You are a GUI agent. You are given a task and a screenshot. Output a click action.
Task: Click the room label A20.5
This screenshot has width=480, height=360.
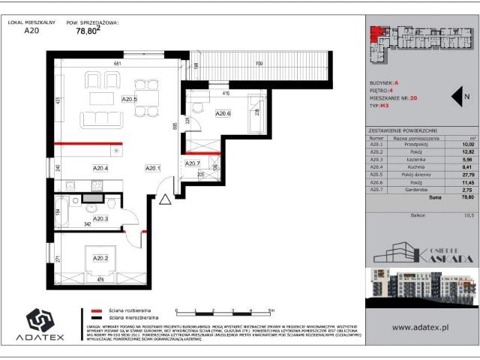(130, 99)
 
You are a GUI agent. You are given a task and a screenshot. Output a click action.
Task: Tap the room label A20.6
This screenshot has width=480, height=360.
(223, 113)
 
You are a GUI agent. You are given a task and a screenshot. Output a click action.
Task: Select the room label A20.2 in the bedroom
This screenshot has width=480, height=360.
(100, 258)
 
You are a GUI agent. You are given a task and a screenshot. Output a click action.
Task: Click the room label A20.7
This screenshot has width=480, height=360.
(193, 163)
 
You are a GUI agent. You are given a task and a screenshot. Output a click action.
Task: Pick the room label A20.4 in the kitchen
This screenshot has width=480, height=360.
(100, 168)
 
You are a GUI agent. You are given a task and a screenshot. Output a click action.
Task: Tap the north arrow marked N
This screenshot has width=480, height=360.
(458, 96)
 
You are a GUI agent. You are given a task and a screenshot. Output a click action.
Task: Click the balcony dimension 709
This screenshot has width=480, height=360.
(258, 64)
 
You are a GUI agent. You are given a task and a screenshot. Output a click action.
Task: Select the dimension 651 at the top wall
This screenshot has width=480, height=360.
(117, 64)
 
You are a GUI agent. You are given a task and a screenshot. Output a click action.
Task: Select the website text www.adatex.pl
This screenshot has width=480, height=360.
(421, 327)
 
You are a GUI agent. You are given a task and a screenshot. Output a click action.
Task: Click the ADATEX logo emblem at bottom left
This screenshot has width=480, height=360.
(38, 319)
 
